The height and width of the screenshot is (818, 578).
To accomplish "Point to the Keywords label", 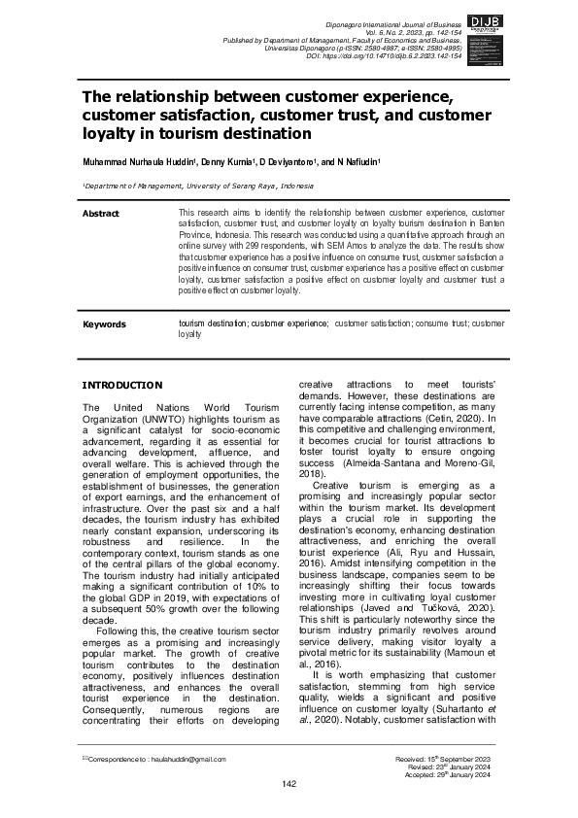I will (x=105, y=324).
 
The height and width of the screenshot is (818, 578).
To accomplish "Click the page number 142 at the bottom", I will (x=289, y=784).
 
